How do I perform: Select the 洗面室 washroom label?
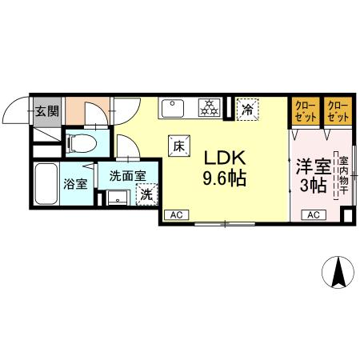[127, 175]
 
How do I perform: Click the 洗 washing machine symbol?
[147, 194]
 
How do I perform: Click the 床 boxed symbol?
[179, 146]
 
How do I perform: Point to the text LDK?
[224, 157]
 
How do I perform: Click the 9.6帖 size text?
[224, 178]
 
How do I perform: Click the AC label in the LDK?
[176, 214]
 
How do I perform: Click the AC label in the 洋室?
[313, 214]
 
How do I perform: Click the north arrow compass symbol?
[338, 274]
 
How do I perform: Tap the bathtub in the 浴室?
[46, 186]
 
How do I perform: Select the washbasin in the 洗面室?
[118, 197]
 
